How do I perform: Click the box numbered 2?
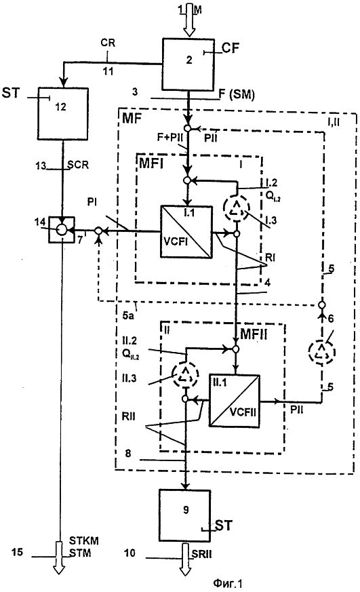188,64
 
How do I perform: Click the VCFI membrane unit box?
186,232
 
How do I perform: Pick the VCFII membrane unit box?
235,401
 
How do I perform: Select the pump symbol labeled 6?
322,352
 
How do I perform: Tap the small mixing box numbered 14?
61,230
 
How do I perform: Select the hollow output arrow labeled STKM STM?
59,558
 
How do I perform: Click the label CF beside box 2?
231,48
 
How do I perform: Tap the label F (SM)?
237,94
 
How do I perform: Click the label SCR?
78,165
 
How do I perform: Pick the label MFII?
254,334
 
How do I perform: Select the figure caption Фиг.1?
227,584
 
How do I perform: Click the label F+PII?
170,138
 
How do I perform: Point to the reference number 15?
18,553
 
